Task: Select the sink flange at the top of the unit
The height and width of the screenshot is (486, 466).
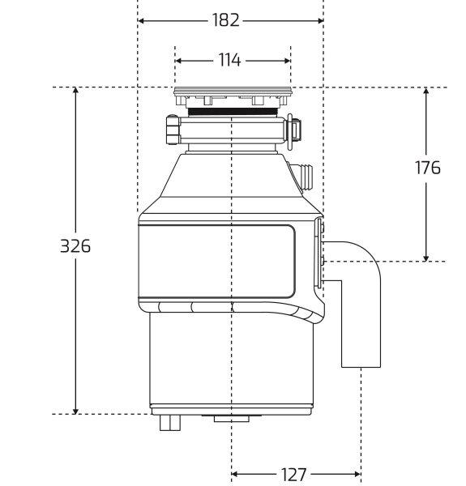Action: (232, 92)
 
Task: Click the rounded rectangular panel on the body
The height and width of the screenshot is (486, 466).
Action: (216, 262)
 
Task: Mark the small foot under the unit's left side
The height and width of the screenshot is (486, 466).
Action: (169, 422)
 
